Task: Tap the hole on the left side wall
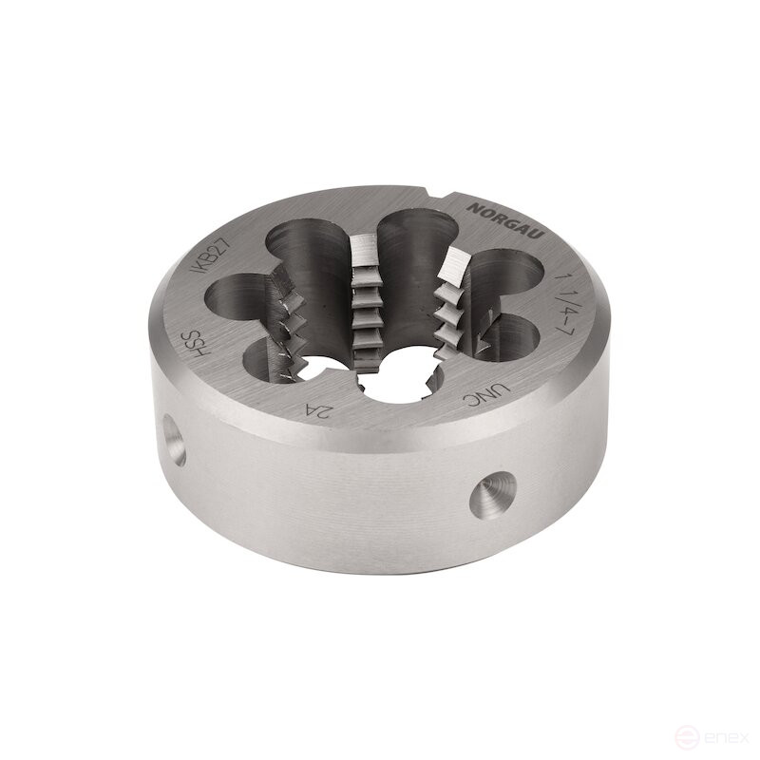click(172, 439)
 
